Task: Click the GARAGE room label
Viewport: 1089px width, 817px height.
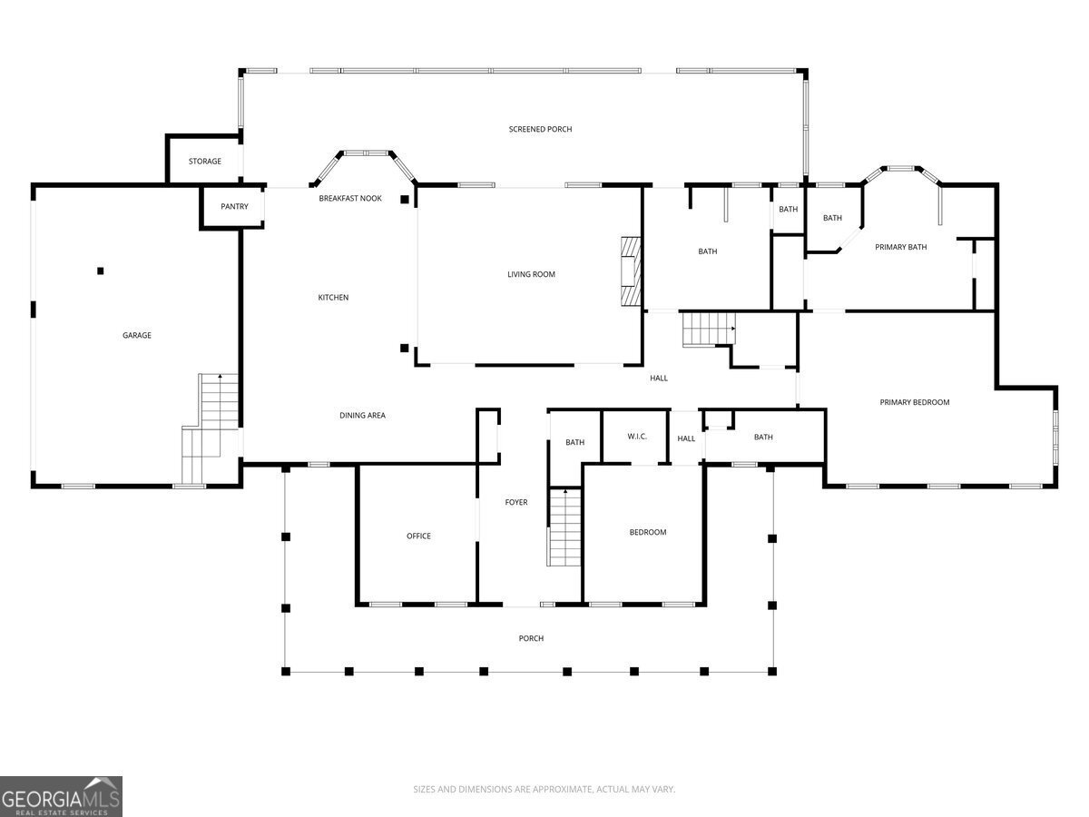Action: [137, 335]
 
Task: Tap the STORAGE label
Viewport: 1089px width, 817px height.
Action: [205, 162]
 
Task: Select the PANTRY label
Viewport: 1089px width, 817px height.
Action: [234, 206]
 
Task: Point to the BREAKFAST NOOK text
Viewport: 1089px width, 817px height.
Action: [350, 199]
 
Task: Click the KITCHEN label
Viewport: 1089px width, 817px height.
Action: [333, 298]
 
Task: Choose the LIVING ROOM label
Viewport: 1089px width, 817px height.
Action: [532, 274]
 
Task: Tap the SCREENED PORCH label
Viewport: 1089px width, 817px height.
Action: [540, 130]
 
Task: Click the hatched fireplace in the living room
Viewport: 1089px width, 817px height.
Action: [631, 271]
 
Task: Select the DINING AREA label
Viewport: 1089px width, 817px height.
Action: [363, 416]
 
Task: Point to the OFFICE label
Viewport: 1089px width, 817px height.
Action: [418, 536]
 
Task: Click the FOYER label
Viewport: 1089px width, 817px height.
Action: [516, 503]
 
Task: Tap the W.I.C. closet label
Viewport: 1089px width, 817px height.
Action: [637, 437]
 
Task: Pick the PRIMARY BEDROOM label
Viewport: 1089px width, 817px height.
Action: [915, 402]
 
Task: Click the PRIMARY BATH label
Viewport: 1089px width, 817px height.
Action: [901, 247]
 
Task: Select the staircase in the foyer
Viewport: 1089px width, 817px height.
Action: [564, 527]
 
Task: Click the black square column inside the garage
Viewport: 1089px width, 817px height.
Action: [101, 271]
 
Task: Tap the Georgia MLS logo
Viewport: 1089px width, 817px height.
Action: [61, 796]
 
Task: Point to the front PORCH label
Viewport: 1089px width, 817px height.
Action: [532, 638]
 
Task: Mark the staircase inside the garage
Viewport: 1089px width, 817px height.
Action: [211, 428]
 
